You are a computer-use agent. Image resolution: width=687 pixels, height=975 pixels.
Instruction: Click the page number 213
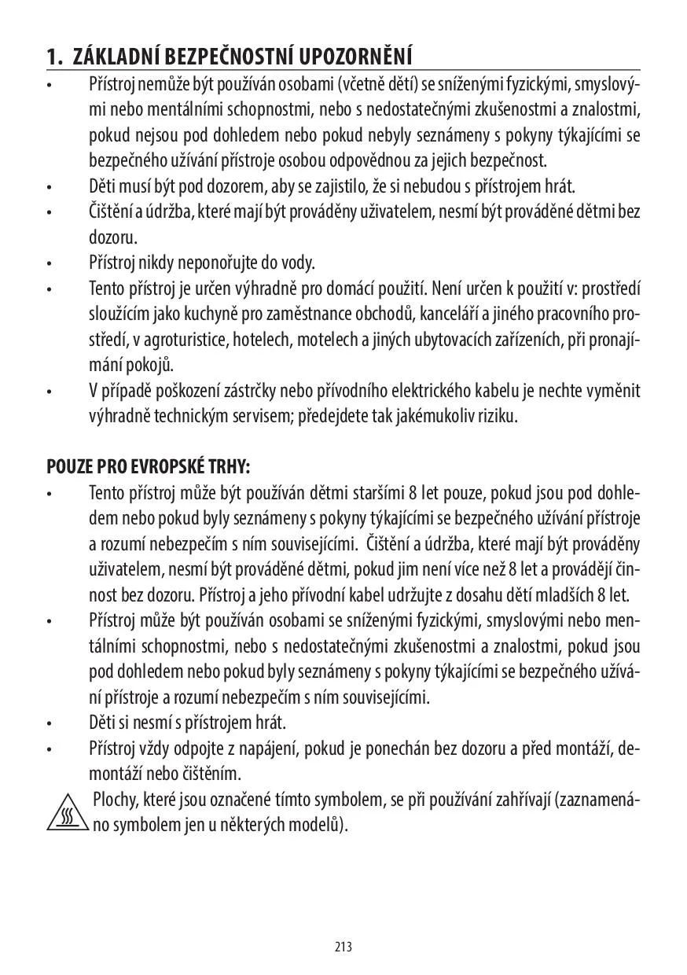tap(343, 947)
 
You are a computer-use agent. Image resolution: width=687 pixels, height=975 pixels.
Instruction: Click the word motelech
tap(323, 340)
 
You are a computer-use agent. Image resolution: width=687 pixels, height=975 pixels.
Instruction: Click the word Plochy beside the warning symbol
tap(115, 800)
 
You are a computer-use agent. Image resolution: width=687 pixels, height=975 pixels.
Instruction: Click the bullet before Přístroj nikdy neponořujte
tap(49, 263)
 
